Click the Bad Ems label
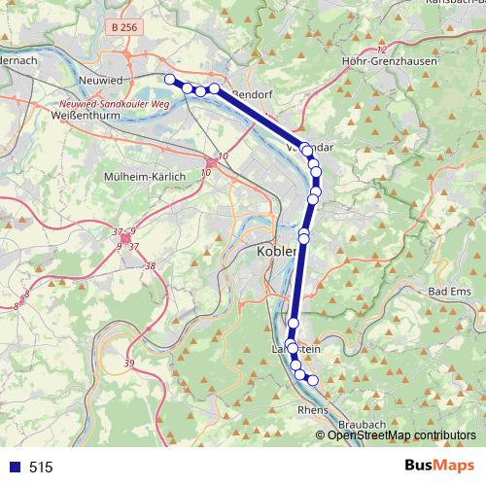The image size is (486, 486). [450, 292]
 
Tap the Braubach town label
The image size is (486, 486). [364, 426]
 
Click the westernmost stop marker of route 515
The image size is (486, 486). [169, 79]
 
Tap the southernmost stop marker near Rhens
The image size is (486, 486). [313, 379]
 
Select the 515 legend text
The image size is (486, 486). [41, 467]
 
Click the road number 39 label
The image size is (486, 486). [129, 363]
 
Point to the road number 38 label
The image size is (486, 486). [149, 265]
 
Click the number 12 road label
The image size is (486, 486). [381, 49]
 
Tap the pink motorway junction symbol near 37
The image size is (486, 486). [125, 237]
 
